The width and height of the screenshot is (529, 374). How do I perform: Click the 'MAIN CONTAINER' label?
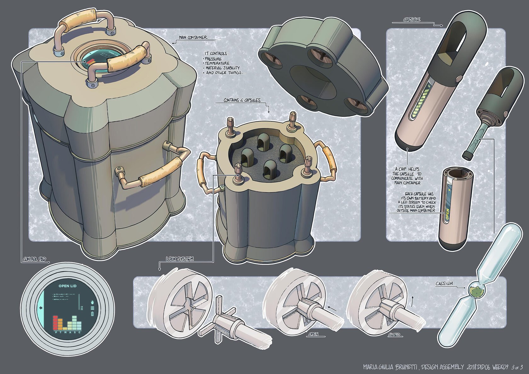coord(193,37)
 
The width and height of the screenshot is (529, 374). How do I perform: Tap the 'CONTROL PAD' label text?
coord(35,259)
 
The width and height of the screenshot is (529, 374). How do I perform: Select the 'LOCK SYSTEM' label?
coord(180,259)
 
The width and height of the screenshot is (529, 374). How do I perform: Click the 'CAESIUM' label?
coord(444,284)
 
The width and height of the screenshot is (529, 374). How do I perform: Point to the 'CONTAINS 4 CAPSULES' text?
coord(242,100)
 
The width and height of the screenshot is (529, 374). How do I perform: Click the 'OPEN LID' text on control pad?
coord(67,286)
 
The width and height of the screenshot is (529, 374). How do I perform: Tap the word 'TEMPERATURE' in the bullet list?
coord(217,63)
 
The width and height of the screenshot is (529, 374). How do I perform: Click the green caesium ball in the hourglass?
coord(478,291)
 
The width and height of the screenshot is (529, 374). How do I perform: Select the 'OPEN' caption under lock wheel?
coord(313,334)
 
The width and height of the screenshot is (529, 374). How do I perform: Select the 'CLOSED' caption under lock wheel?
coord(394,335)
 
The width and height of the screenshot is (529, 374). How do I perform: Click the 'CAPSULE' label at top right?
coord(412,20)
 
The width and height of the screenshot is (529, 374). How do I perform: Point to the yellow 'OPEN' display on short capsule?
coord(447,214)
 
